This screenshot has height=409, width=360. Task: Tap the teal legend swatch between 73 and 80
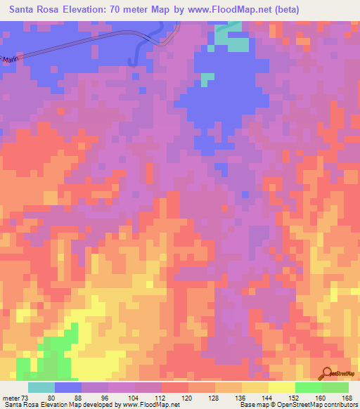pyautogui.click(x=41, y=387)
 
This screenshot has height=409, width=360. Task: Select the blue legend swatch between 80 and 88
pyautogui.click(x=67, y=387)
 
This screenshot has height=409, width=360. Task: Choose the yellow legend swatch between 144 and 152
pyautogui.click(x=281, y=387)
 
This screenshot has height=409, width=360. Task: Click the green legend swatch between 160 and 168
pyautogui.click(x=335, y=387)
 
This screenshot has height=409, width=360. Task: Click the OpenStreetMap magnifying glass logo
pyautogui.click(x=326, y=374)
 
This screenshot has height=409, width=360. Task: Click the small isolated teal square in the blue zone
pyautogui.click(x=204, y=79)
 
